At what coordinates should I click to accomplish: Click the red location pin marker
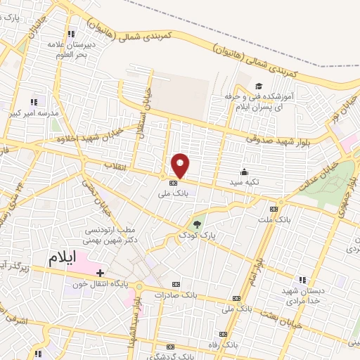pos(181,165)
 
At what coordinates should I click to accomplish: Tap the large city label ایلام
pos(60,257)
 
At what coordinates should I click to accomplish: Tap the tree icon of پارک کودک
pos(198,224)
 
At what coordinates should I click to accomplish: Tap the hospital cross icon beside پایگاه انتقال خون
pos(101,273)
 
